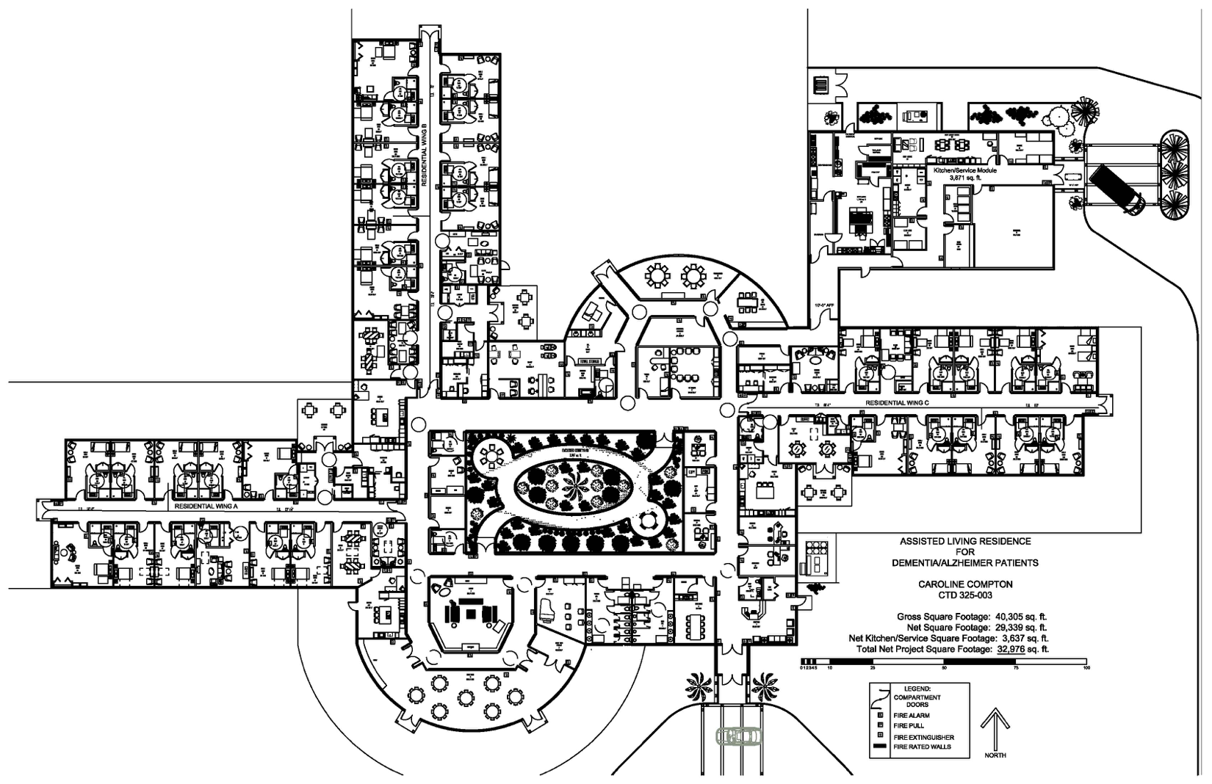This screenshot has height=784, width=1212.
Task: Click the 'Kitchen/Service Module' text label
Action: [x=964, y=170]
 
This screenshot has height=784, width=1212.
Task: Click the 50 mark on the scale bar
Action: [x=944, y=668]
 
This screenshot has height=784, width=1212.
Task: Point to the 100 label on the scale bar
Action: [x=1086, y=668]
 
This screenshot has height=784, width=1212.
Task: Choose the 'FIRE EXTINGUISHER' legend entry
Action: [x=923, y=737]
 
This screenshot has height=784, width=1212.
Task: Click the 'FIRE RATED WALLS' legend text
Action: [x=922, y=747]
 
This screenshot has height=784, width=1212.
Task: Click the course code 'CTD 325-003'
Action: [x=965, y=595]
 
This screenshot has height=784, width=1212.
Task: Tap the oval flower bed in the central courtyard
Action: [x=574, y=487]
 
